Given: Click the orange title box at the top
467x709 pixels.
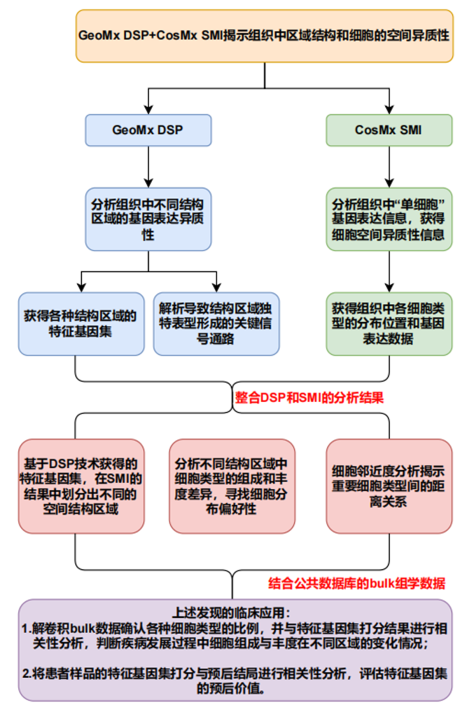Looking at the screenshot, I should click(264, 36).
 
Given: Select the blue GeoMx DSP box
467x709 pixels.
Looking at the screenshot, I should click(148, 130).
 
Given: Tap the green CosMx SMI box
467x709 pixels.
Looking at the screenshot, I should click(388, 130).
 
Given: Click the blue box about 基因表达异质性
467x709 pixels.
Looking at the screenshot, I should click(148, 219).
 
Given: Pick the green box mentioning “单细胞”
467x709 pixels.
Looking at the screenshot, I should click(388, 219).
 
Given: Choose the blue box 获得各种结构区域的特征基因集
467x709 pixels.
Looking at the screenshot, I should click(81, 324).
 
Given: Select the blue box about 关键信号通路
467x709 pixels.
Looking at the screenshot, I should click(216, 324).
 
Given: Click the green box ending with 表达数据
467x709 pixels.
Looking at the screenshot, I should click(388, 324).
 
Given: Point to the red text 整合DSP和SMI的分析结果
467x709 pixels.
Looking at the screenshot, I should click(309, 398).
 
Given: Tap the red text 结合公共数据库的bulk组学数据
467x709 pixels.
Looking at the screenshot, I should click(356, 583).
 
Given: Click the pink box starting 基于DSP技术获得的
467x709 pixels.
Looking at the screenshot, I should click(81, 486).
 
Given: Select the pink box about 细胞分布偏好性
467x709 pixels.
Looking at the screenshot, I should click(231, 486).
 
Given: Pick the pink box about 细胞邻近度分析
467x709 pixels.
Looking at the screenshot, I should click(388, 486).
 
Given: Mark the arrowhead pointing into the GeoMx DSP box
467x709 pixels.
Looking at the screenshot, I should click(148, 109).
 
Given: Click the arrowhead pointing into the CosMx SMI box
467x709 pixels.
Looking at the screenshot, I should click(389, 109).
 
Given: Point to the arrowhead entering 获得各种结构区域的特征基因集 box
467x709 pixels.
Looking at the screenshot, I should click(81, 287).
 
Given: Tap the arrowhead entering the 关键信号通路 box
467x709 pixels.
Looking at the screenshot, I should click(216, 287).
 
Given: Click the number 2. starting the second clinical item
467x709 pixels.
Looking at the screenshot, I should click(27, 674).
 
